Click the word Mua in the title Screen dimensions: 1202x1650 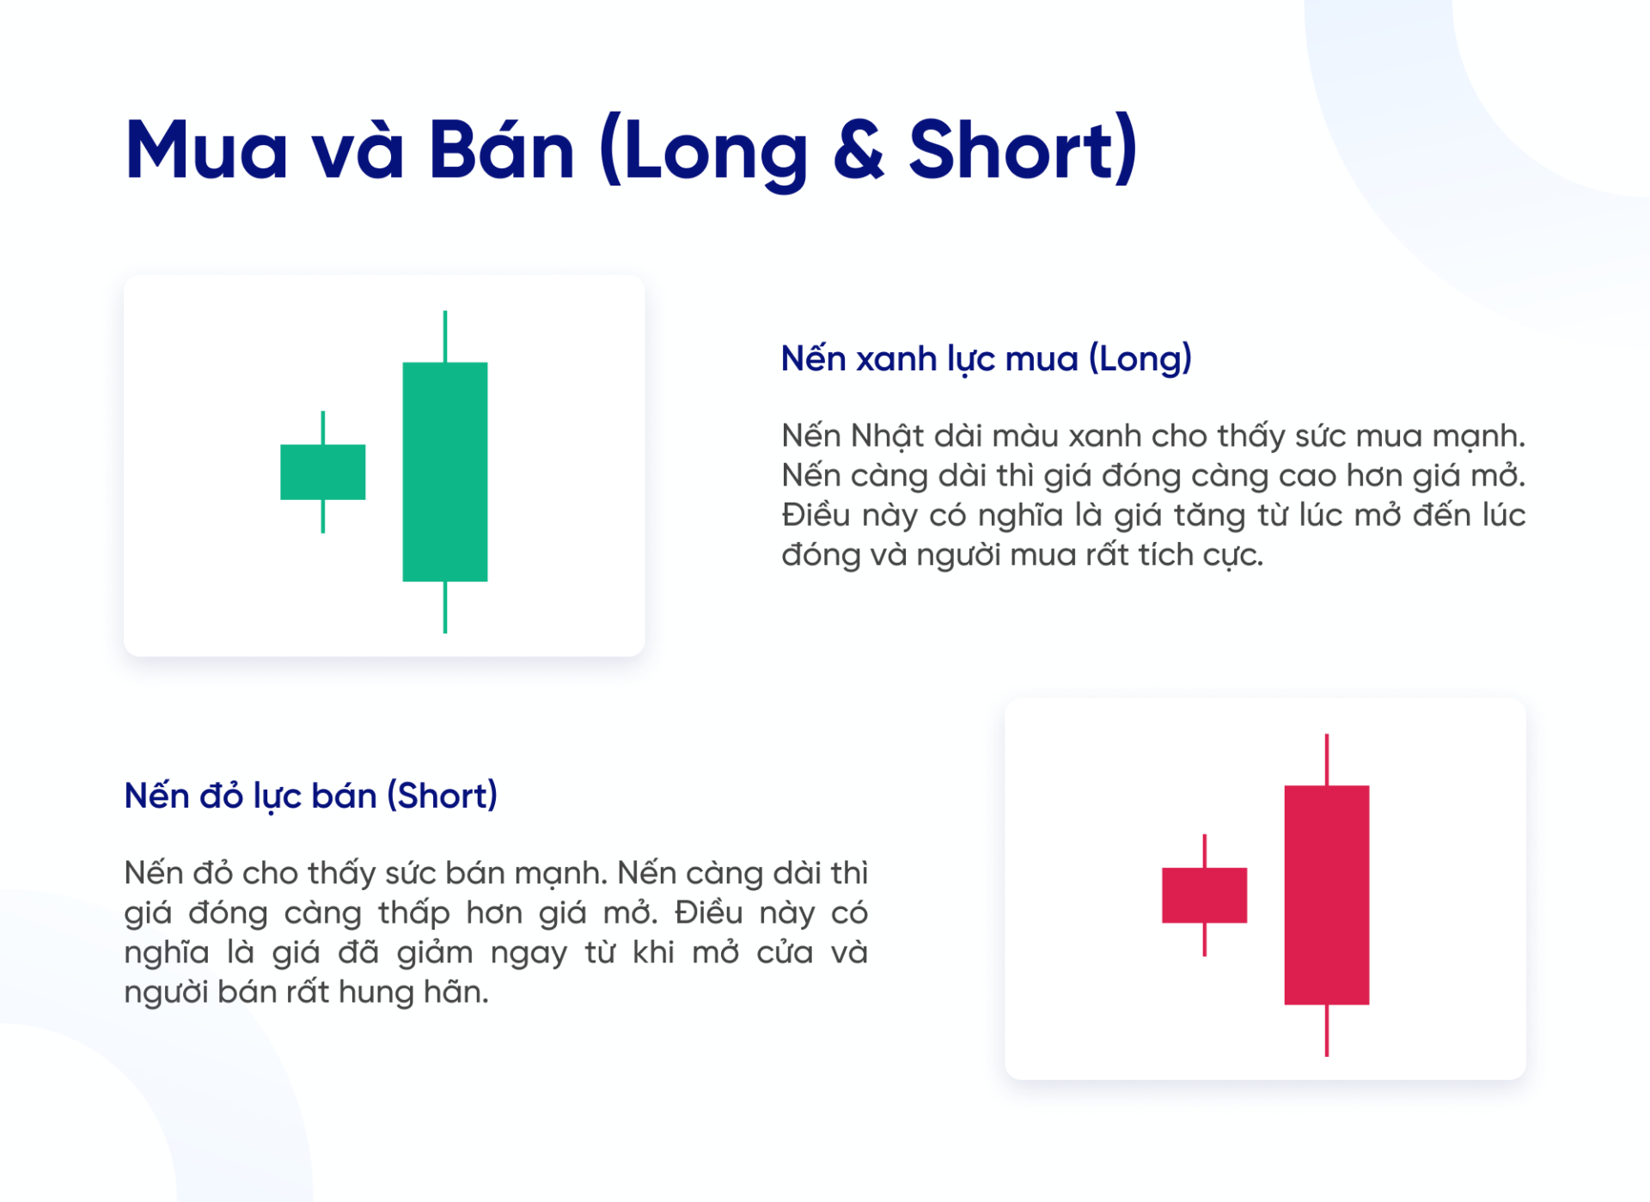(x=206, y=150)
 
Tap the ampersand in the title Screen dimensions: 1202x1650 (x=859, y=150)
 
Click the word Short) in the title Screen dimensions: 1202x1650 (x=1023, y=150)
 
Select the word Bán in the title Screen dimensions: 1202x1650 (x=501, y=150)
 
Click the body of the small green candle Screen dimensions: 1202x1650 (x=322, y=472)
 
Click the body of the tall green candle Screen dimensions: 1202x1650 (x=444, y=472)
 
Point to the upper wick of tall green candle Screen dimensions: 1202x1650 (x=444, y=336)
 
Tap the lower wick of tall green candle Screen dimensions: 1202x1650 (x=444, y=607)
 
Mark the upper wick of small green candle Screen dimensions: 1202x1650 (x=323, y=428)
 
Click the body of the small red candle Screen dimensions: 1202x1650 (x=1204, y=895)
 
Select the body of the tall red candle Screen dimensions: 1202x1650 (x=1326, y=895)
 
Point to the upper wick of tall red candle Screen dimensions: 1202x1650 (x=1327, y=760)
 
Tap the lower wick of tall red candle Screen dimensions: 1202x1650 (x=1327, y=1030)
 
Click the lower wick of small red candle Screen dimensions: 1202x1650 (x=1204, y=939)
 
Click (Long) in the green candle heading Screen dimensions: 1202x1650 (x=1140, y=358)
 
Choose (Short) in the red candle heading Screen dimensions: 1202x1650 (x=442, y=796)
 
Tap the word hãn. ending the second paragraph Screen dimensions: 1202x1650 (x=461, y=992)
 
